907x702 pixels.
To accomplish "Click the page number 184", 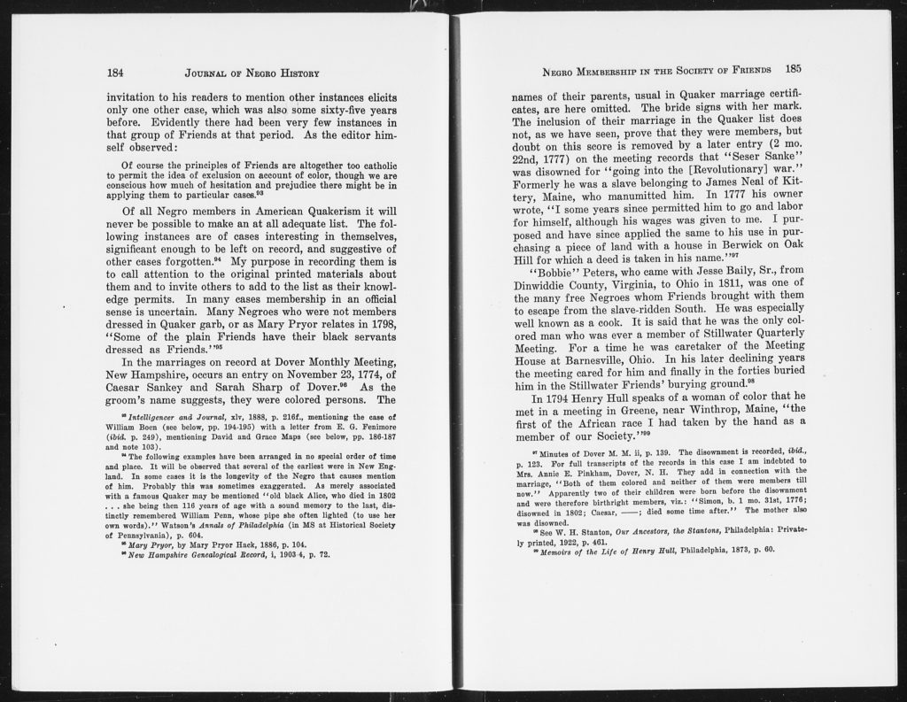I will [x=114, y=73].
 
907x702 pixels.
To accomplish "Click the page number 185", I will [x=793, y=68].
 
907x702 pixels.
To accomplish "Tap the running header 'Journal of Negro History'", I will [x=252, y=73].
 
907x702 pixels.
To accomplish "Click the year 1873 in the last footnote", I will [x=742, y=549].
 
